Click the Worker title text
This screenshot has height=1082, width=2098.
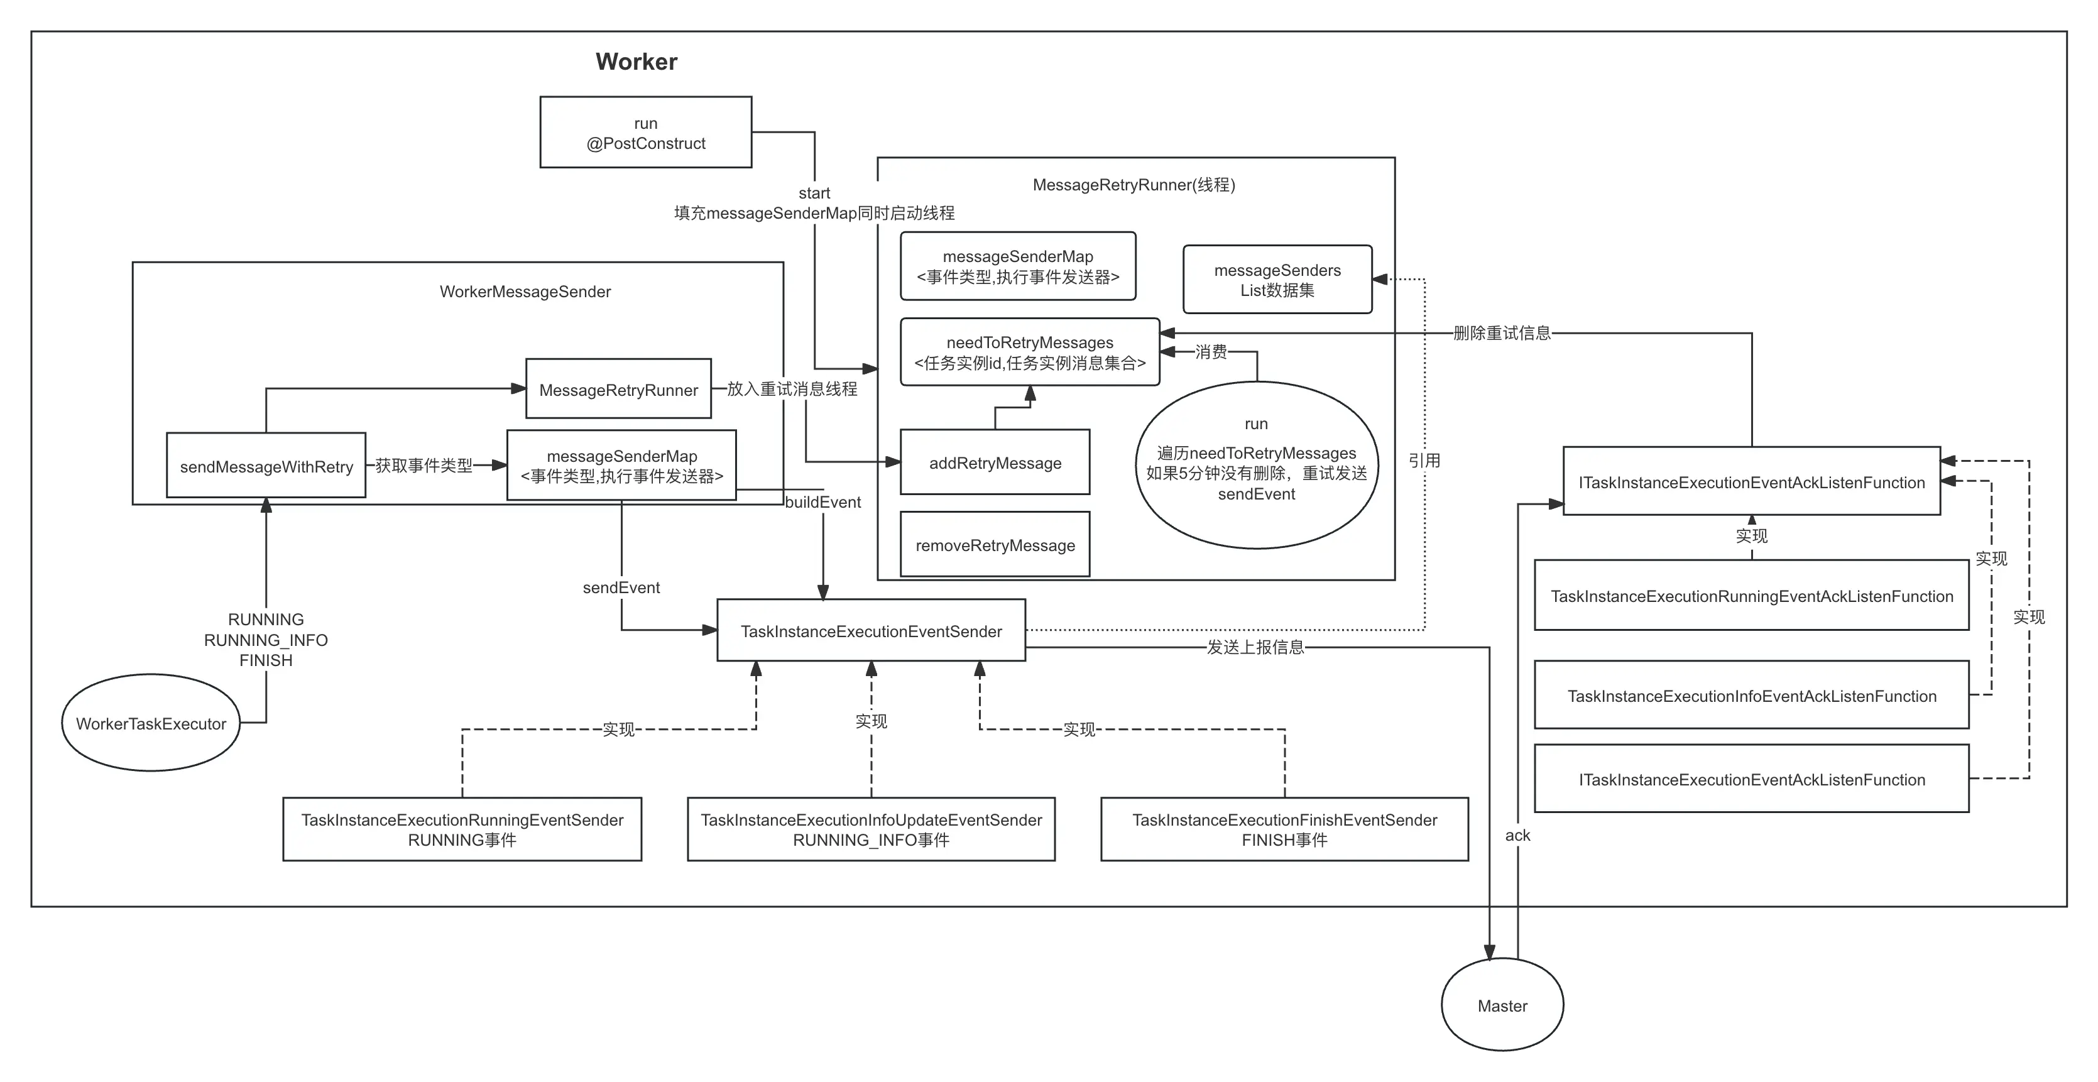[636, 62]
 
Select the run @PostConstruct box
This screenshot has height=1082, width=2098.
[646, 133]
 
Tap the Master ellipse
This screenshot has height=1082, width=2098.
[1502, 1006]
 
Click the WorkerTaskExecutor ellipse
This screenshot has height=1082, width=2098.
[151, 724]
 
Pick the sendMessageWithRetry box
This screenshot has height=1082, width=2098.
[266, 466]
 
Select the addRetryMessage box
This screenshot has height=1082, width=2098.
[995, 463]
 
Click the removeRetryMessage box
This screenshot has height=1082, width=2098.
[995, 545]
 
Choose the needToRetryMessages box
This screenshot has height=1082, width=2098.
[1029, 352]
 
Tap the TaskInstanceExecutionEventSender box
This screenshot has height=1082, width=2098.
[871, 631]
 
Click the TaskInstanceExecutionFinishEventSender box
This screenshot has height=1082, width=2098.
[1284, 829]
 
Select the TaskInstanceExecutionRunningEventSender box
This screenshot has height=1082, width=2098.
[462, 829]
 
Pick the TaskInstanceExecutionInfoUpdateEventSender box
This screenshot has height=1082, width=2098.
[871, 829]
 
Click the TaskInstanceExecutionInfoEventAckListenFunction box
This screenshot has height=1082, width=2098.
[1751, 696]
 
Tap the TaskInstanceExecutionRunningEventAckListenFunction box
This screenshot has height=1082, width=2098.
[1751, 596]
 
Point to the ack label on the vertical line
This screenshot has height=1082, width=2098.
[1517, 835]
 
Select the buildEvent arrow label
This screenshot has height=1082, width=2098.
[822, 502]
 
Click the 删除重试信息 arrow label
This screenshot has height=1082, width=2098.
[1502, 333]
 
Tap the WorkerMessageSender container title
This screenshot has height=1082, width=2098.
[525, 292]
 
